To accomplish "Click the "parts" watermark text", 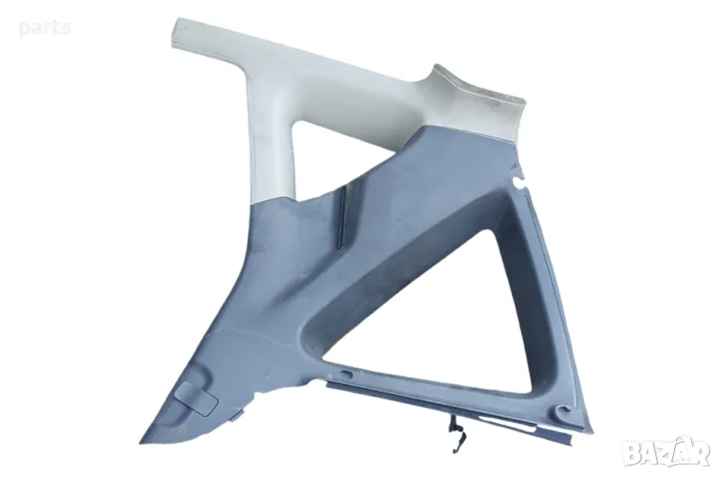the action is point(44,29).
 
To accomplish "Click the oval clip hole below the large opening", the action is point(346,373).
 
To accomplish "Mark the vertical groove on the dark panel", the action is point(341,217).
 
